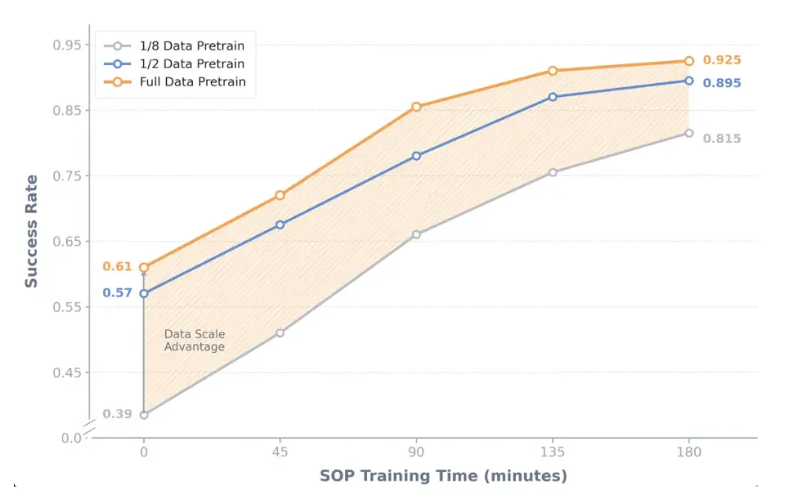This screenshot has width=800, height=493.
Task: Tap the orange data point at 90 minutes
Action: [416, 107]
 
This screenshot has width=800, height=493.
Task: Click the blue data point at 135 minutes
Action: [553, 97]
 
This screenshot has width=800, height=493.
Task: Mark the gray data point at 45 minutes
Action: [280, 333]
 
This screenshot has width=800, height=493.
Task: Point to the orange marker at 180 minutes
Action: [689, 61]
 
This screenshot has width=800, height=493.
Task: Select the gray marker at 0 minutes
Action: [144, 415]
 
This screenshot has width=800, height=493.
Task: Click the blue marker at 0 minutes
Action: [144, 294]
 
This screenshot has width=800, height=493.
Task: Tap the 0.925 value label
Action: [722, 60]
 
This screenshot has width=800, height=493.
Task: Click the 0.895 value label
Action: [722, 83]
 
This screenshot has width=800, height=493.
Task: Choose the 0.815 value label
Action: [722, 139]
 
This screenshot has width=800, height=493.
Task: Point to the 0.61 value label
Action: [117, 267]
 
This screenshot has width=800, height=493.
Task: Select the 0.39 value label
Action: [117, 414]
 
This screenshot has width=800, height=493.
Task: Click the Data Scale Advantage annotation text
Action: [194, 340]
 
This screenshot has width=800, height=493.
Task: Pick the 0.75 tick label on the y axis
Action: [68, 176]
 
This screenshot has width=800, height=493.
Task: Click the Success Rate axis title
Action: [31, 231]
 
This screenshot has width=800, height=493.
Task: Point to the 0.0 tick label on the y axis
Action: [72, 438]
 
